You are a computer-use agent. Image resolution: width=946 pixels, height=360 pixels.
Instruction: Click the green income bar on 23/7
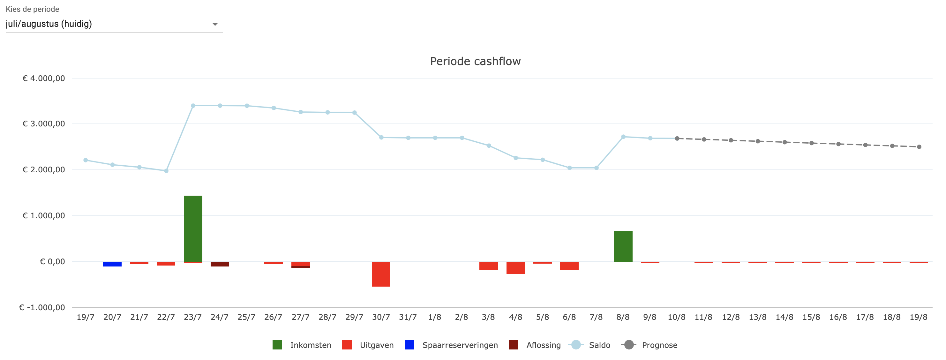[193, 228]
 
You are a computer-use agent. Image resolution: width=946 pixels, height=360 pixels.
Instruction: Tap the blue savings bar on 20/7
[112, 264]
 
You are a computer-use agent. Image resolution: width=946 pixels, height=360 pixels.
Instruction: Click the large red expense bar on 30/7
[381, 274]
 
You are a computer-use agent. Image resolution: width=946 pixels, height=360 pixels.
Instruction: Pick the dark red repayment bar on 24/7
[220, 264]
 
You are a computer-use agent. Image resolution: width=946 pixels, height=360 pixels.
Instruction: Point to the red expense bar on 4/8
[515, 267]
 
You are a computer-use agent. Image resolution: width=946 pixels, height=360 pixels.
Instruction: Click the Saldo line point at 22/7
[166, 171]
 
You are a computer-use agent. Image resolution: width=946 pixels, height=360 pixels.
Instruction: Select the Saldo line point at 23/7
[193, 106]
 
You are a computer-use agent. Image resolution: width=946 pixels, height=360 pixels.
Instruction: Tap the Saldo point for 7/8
[597, 168]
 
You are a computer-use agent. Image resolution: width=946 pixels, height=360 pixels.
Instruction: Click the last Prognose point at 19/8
[919, 147]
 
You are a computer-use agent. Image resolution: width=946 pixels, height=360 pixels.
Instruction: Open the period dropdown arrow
[215, 24]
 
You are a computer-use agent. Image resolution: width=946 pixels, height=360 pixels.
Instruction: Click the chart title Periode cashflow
[475, 61]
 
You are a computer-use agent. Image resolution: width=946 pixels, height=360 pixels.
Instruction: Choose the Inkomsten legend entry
[310, 345]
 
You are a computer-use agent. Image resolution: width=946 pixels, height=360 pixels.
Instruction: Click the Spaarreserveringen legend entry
[460, 345]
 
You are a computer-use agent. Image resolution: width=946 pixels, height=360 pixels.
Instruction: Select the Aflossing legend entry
[543, 345]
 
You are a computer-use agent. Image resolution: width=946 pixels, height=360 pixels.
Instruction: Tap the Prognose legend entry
[659, 345]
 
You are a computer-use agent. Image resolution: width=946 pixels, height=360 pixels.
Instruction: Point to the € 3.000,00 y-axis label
[44, 124]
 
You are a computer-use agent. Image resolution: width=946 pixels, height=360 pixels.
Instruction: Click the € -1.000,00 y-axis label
[42, 307]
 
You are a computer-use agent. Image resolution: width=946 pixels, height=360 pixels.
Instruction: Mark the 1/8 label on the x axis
[434, 317]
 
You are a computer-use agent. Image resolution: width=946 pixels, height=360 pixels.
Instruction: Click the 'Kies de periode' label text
[32, 9]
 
